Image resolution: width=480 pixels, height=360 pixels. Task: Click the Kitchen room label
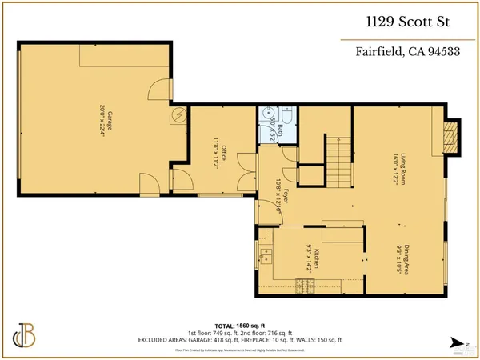pyautogui.click(x=317, y=258)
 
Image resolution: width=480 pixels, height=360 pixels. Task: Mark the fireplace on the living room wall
pyautogui.click(x=451, y=138)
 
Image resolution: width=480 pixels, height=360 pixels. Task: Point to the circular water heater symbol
pyautogui.click(x=178, y=115)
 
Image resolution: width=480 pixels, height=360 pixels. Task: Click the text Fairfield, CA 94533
pyautogui.click(x=406, y=54)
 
